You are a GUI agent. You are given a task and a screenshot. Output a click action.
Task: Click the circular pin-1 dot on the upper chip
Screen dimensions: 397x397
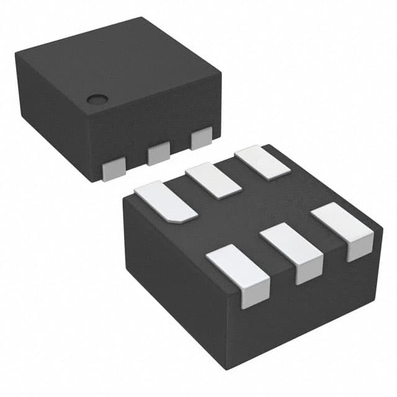pos(96,99)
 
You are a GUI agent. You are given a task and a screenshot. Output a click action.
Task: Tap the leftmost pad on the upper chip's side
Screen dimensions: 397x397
pos(114,169)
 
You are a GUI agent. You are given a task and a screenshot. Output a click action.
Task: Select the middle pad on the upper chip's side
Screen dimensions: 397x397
pos(159,153)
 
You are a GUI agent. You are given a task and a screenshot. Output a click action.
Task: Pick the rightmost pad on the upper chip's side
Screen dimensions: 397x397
pos(201,138)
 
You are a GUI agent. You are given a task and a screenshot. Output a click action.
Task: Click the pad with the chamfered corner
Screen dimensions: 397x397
pos(165,200)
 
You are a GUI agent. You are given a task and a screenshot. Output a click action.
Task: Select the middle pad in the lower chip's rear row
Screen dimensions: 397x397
pos(213,181)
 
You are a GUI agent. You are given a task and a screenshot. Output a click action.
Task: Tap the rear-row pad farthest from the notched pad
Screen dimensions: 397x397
pos(262,162)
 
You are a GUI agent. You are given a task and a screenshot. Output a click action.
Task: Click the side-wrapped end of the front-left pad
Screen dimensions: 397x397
pos(254,294)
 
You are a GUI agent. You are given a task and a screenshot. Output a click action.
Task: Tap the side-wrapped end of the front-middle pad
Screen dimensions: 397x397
pos(308,270)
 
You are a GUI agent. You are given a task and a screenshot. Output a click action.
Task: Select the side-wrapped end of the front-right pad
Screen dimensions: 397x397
pos(360,248)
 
